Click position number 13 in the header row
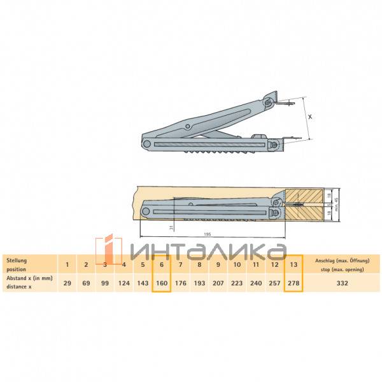(x=293, y=264)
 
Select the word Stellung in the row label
(x=17, y=260)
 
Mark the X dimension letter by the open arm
(x=310, y=117)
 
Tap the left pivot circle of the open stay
(x=148, y=145)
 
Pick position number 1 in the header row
(x=67, y=264)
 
